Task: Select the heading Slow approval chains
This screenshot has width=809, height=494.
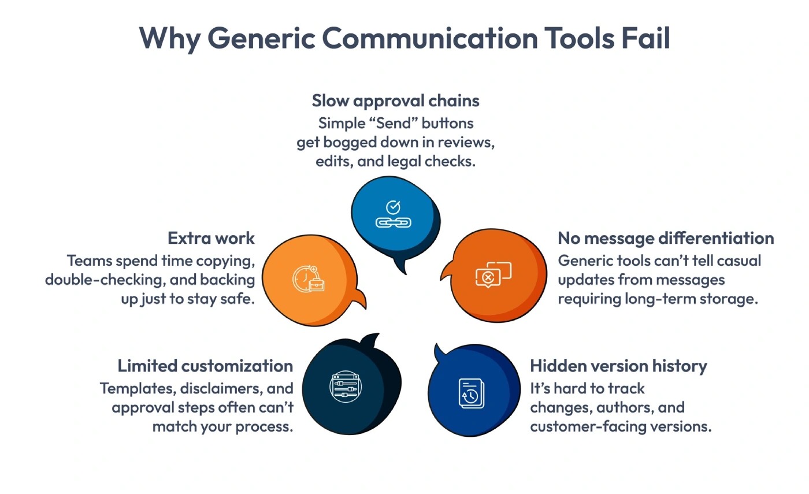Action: point(396,101)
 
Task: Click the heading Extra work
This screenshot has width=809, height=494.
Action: point(211,238)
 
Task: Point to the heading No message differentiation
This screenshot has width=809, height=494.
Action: point(666,238)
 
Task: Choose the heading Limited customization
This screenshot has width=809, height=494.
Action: point(205,366)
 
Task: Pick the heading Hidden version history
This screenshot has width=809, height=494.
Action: point(618,366)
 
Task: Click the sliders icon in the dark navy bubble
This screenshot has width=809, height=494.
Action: point(346,385)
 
